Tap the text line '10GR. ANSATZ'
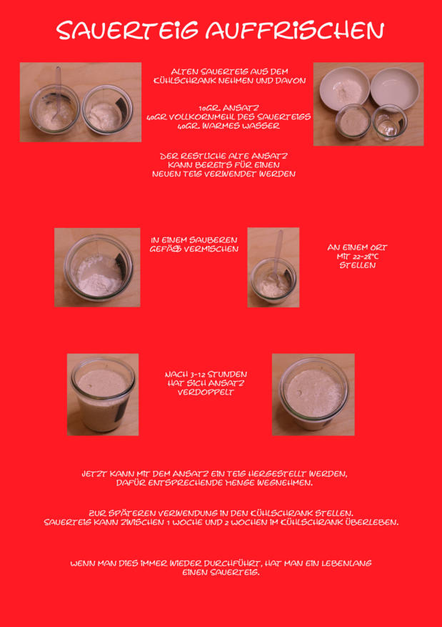[x=228, y=108]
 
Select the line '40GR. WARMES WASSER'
[x=228, y=126]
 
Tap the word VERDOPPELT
[x=206, y=393]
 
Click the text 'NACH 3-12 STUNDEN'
[x=206, y=375]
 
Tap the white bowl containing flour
[x=345, y=87]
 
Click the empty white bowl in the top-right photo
[x=395, y=88]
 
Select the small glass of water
[x=390, y=122]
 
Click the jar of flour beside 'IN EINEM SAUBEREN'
[x=99, y=267]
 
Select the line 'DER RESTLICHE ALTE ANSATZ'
[x=223, y=156]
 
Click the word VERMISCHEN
[x=211, y=249]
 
